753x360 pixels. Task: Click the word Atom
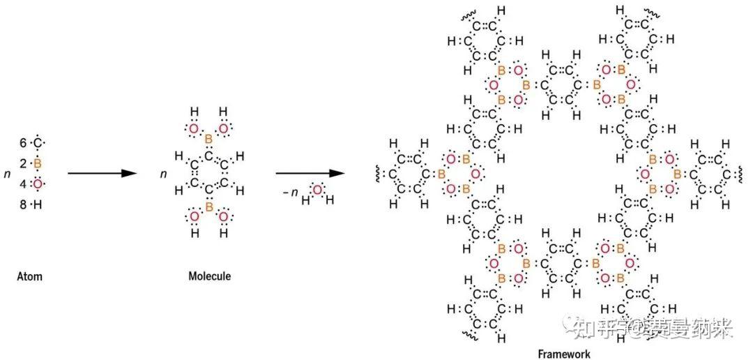click(29, 277)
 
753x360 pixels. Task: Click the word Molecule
click(209, 277)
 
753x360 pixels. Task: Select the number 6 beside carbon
click(23, 143)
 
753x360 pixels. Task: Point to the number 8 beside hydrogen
click(23, 204)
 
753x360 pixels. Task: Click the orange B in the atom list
click(38, 163)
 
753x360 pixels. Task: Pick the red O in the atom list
click(38, 183)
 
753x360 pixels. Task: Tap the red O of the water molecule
click(317, 190)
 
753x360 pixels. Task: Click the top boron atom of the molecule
click(208, 140)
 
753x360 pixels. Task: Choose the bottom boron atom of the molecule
click(208, 205)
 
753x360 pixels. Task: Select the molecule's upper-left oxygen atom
click(194, 128)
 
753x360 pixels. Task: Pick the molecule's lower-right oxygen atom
click(223, 217)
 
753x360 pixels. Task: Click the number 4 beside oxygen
click(23, 184)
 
